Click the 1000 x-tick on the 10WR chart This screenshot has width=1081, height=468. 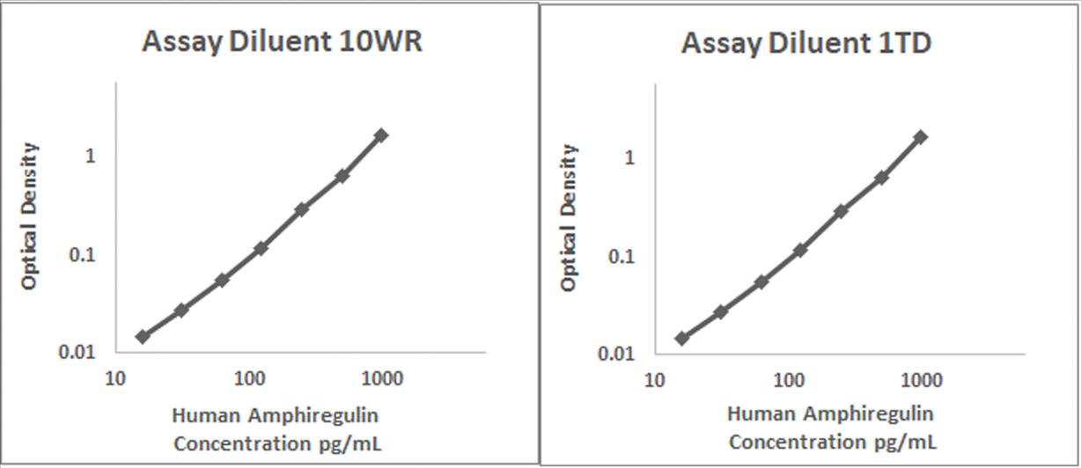coord(382,379)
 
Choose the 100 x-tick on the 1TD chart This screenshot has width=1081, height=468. coord(790,381)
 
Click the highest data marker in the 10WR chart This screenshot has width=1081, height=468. coord(381,135)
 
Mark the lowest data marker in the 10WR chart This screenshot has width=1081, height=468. coord(143,336)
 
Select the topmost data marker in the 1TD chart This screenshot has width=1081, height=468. coord(921,136)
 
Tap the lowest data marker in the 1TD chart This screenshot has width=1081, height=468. coord(682,338)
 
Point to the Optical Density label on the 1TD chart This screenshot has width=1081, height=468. coord(571,218)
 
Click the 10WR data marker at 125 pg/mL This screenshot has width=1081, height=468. coord(261,248)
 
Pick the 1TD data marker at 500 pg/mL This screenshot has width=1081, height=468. coord(881,178)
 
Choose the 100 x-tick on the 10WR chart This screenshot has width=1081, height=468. coord(250,379)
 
